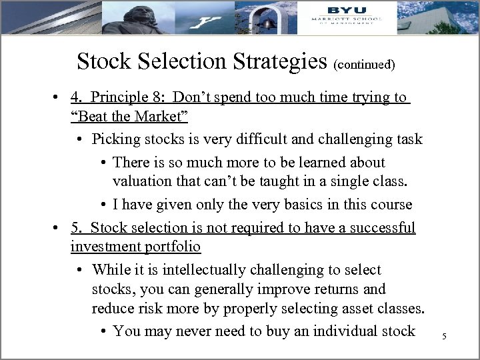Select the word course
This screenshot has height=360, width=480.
coord(390,204)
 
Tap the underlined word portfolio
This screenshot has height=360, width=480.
coord(169,247)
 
